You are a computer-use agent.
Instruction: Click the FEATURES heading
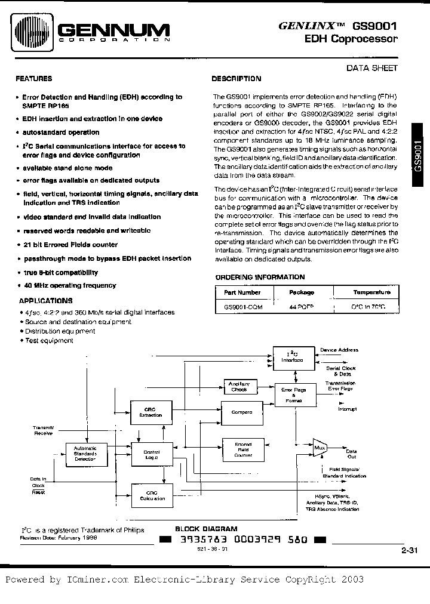tap(33, 78)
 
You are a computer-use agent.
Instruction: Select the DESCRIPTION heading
tap(236, 78)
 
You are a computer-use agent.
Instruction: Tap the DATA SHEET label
tap(372, 68)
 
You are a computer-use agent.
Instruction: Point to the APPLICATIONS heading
tap(45, 301)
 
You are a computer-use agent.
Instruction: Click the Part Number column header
tap(242, 292)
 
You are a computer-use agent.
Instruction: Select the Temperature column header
tap(371, 292)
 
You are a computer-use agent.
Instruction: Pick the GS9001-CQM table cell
tap(243, 306)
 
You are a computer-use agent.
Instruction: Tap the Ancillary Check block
tap(239, 387)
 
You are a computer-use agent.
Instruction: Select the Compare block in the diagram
tap(242, 412)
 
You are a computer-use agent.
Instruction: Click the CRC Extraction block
tap(150, 412)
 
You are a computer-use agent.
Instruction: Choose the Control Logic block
tap(151, 455)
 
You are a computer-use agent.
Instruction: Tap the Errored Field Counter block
tap(242, 450)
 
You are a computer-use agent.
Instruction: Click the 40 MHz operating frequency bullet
tap(69, 286)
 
